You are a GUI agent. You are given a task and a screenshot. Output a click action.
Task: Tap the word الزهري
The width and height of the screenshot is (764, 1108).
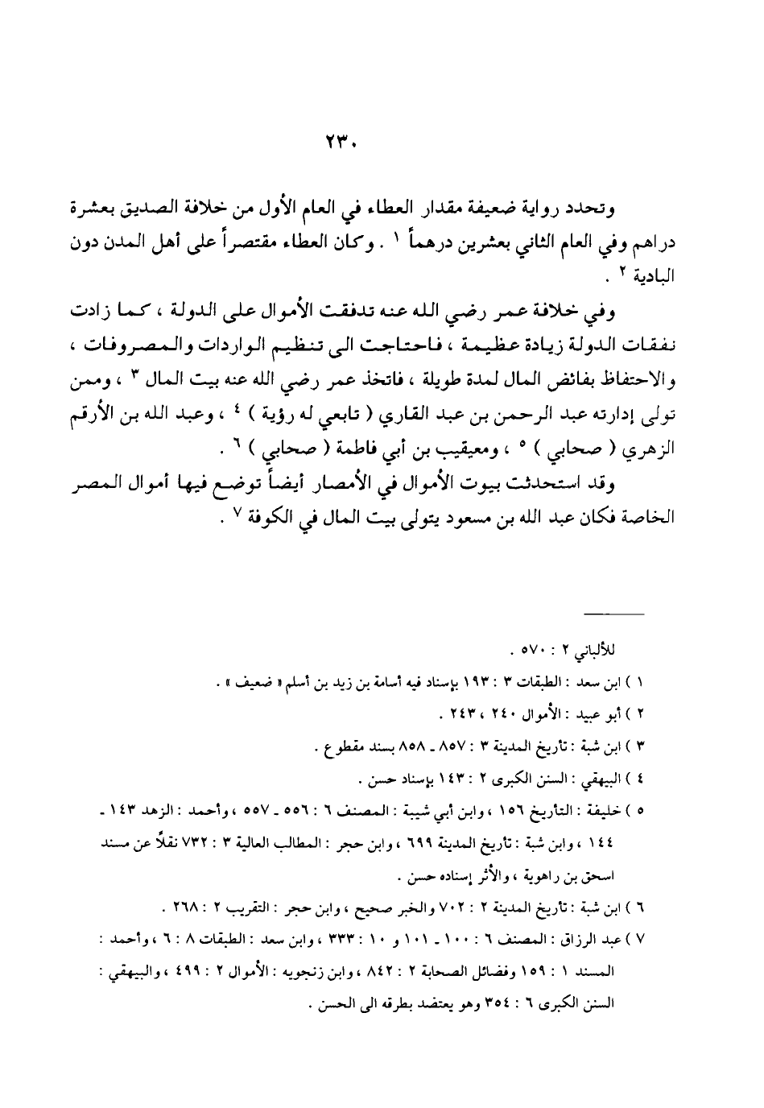pyautogui.click(x=653, y=446)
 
